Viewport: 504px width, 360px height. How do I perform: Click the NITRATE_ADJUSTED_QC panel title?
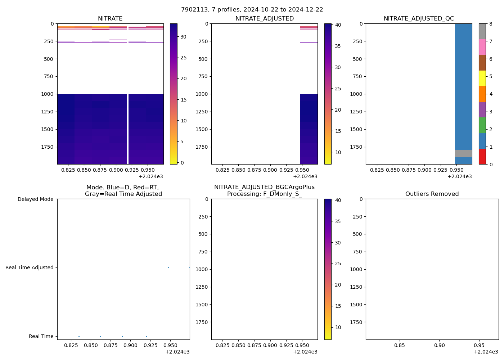[419, 19]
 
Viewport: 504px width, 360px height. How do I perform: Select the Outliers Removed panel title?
[432, 194]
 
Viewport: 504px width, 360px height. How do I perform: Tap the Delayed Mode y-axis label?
[35, 199]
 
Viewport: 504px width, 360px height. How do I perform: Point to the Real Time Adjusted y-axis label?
[30, 267]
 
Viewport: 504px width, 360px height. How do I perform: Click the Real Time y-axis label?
[41, 336]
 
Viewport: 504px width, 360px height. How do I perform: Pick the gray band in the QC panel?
[463, 154]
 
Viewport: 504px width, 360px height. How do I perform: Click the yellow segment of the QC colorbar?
[482, 78]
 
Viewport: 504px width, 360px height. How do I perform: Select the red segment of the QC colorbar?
[482, 157]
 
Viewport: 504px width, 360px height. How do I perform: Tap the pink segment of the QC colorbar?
[482, 47]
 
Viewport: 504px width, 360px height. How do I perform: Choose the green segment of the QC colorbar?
[482, 125]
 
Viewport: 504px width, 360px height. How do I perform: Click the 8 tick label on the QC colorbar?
[490, 24]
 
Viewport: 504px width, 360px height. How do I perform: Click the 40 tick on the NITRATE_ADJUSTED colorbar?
[338, 25]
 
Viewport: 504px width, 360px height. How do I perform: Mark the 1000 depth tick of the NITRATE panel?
[49, 94]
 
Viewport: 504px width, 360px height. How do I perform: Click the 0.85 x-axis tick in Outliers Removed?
[400, 345]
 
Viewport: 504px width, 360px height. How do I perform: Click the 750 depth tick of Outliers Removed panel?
[357, 252]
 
